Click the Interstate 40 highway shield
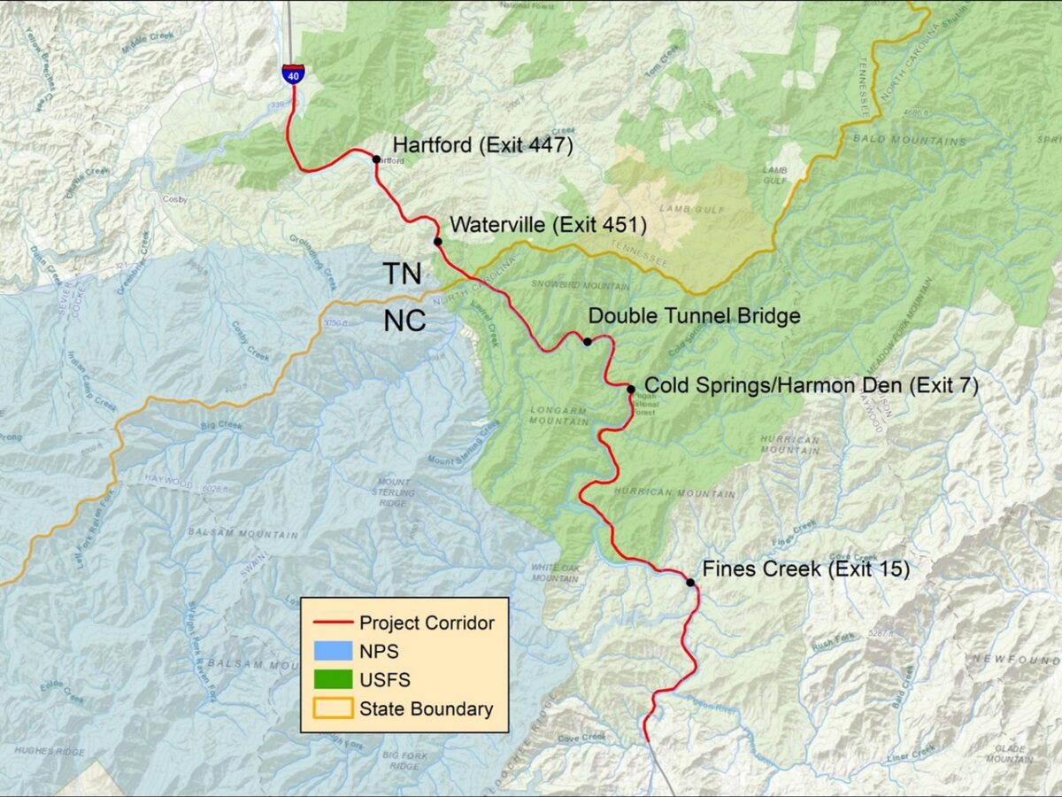(x=291, y=74)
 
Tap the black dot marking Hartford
(x=376, y=159)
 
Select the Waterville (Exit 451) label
(x=548, y=225)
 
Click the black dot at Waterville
(x=437, y=241)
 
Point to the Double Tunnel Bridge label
(x=694, y=316)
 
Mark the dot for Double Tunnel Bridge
(x=587, y=341)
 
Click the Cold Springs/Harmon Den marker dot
(x=631, y=389)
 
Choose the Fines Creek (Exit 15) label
(x=805, y=569)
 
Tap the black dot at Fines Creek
(x=690, y=582)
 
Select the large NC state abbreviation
(x=404, y=321)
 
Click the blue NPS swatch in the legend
(x=329, y=652)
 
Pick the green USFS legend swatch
(x=329, y=680)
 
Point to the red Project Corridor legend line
(x=329, y=623)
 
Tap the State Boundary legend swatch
(x=329, y=708)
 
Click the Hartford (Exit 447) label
(x=483, y=144)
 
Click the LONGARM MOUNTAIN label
(x=559, y=415)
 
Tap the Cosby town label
(x=175, y=200)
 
